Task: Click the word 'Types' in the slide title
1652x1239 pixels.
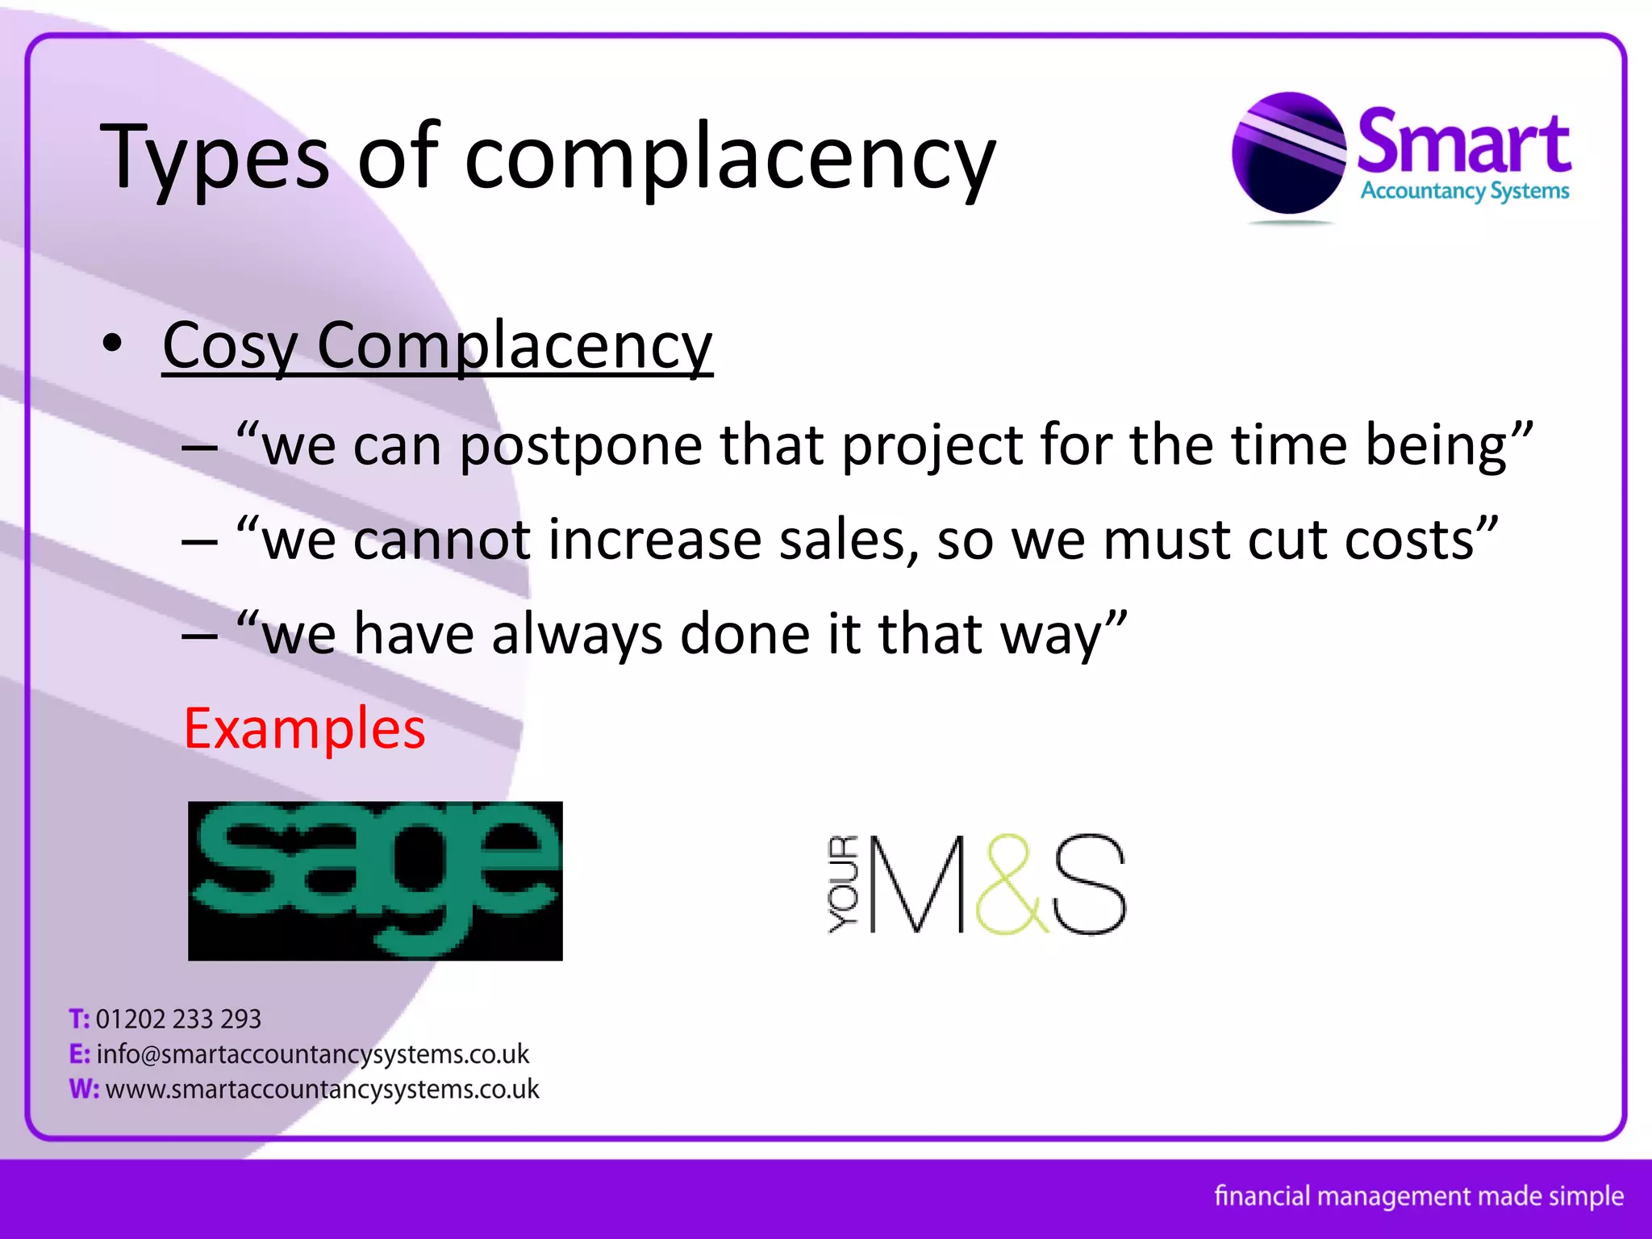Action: tap(214, 157)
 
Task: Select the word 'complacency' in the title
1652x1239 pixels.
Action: tap(730, 157)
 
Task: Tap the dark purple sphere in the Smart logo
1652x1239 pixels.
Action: tap(1288, 153)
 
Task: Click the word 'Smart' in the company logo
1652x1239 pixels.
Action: tap(1464, 144)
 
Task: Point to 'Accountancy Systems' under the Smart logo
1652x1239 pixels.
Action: tap(1465, 191)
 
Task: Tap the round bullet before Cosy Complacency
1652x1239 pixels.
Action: tap(113, 344)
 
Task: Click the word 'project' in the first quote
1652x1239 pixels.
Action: tap(932, 445)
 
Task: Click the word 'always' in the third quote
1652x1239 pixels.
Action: tap(577, 634)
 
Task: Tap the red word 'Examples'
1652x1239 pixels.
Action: tap(305, 728)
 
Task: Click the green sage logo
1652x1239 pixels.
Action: tap(375, 880)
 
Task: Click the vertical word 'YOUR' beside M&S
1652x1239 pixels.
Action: tap(844, 885)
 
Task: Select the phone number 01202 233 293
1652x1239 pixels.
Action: tap(178, 1020)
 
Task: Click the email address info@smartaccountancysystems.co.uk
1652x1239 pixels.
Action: tap(312, 1054)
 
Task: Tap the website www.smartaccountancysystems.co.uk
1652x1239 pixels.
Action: tap(322, 1089)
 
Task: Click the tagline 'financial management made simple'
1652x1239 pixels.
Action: tap(1419, 1195)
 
